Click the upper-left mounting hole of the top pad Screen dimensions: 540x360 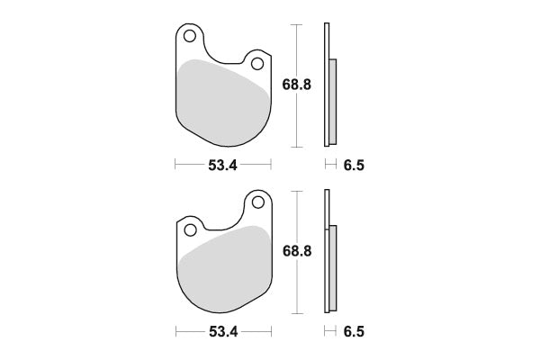(189, 36)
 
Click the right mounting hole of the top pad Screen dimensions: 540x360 (257, 64)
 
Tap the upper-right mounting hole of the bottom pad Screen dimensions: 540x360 (258, 202)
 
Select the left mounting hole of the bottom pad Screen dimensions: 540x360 (190, 230)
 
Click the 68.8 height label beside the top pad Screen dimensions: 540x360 (296, 85)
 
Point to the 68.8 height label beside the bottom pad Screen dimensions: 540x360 (297, 251)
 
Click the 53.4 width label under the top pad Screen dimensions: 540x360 (223, 166)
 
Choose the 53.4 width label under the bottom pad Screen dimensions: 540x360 (223, 332)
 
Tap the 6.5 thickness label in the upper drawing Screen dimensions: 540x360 (354, 166)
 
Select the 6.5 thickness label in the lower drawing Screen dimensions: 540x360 (354, 332)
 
